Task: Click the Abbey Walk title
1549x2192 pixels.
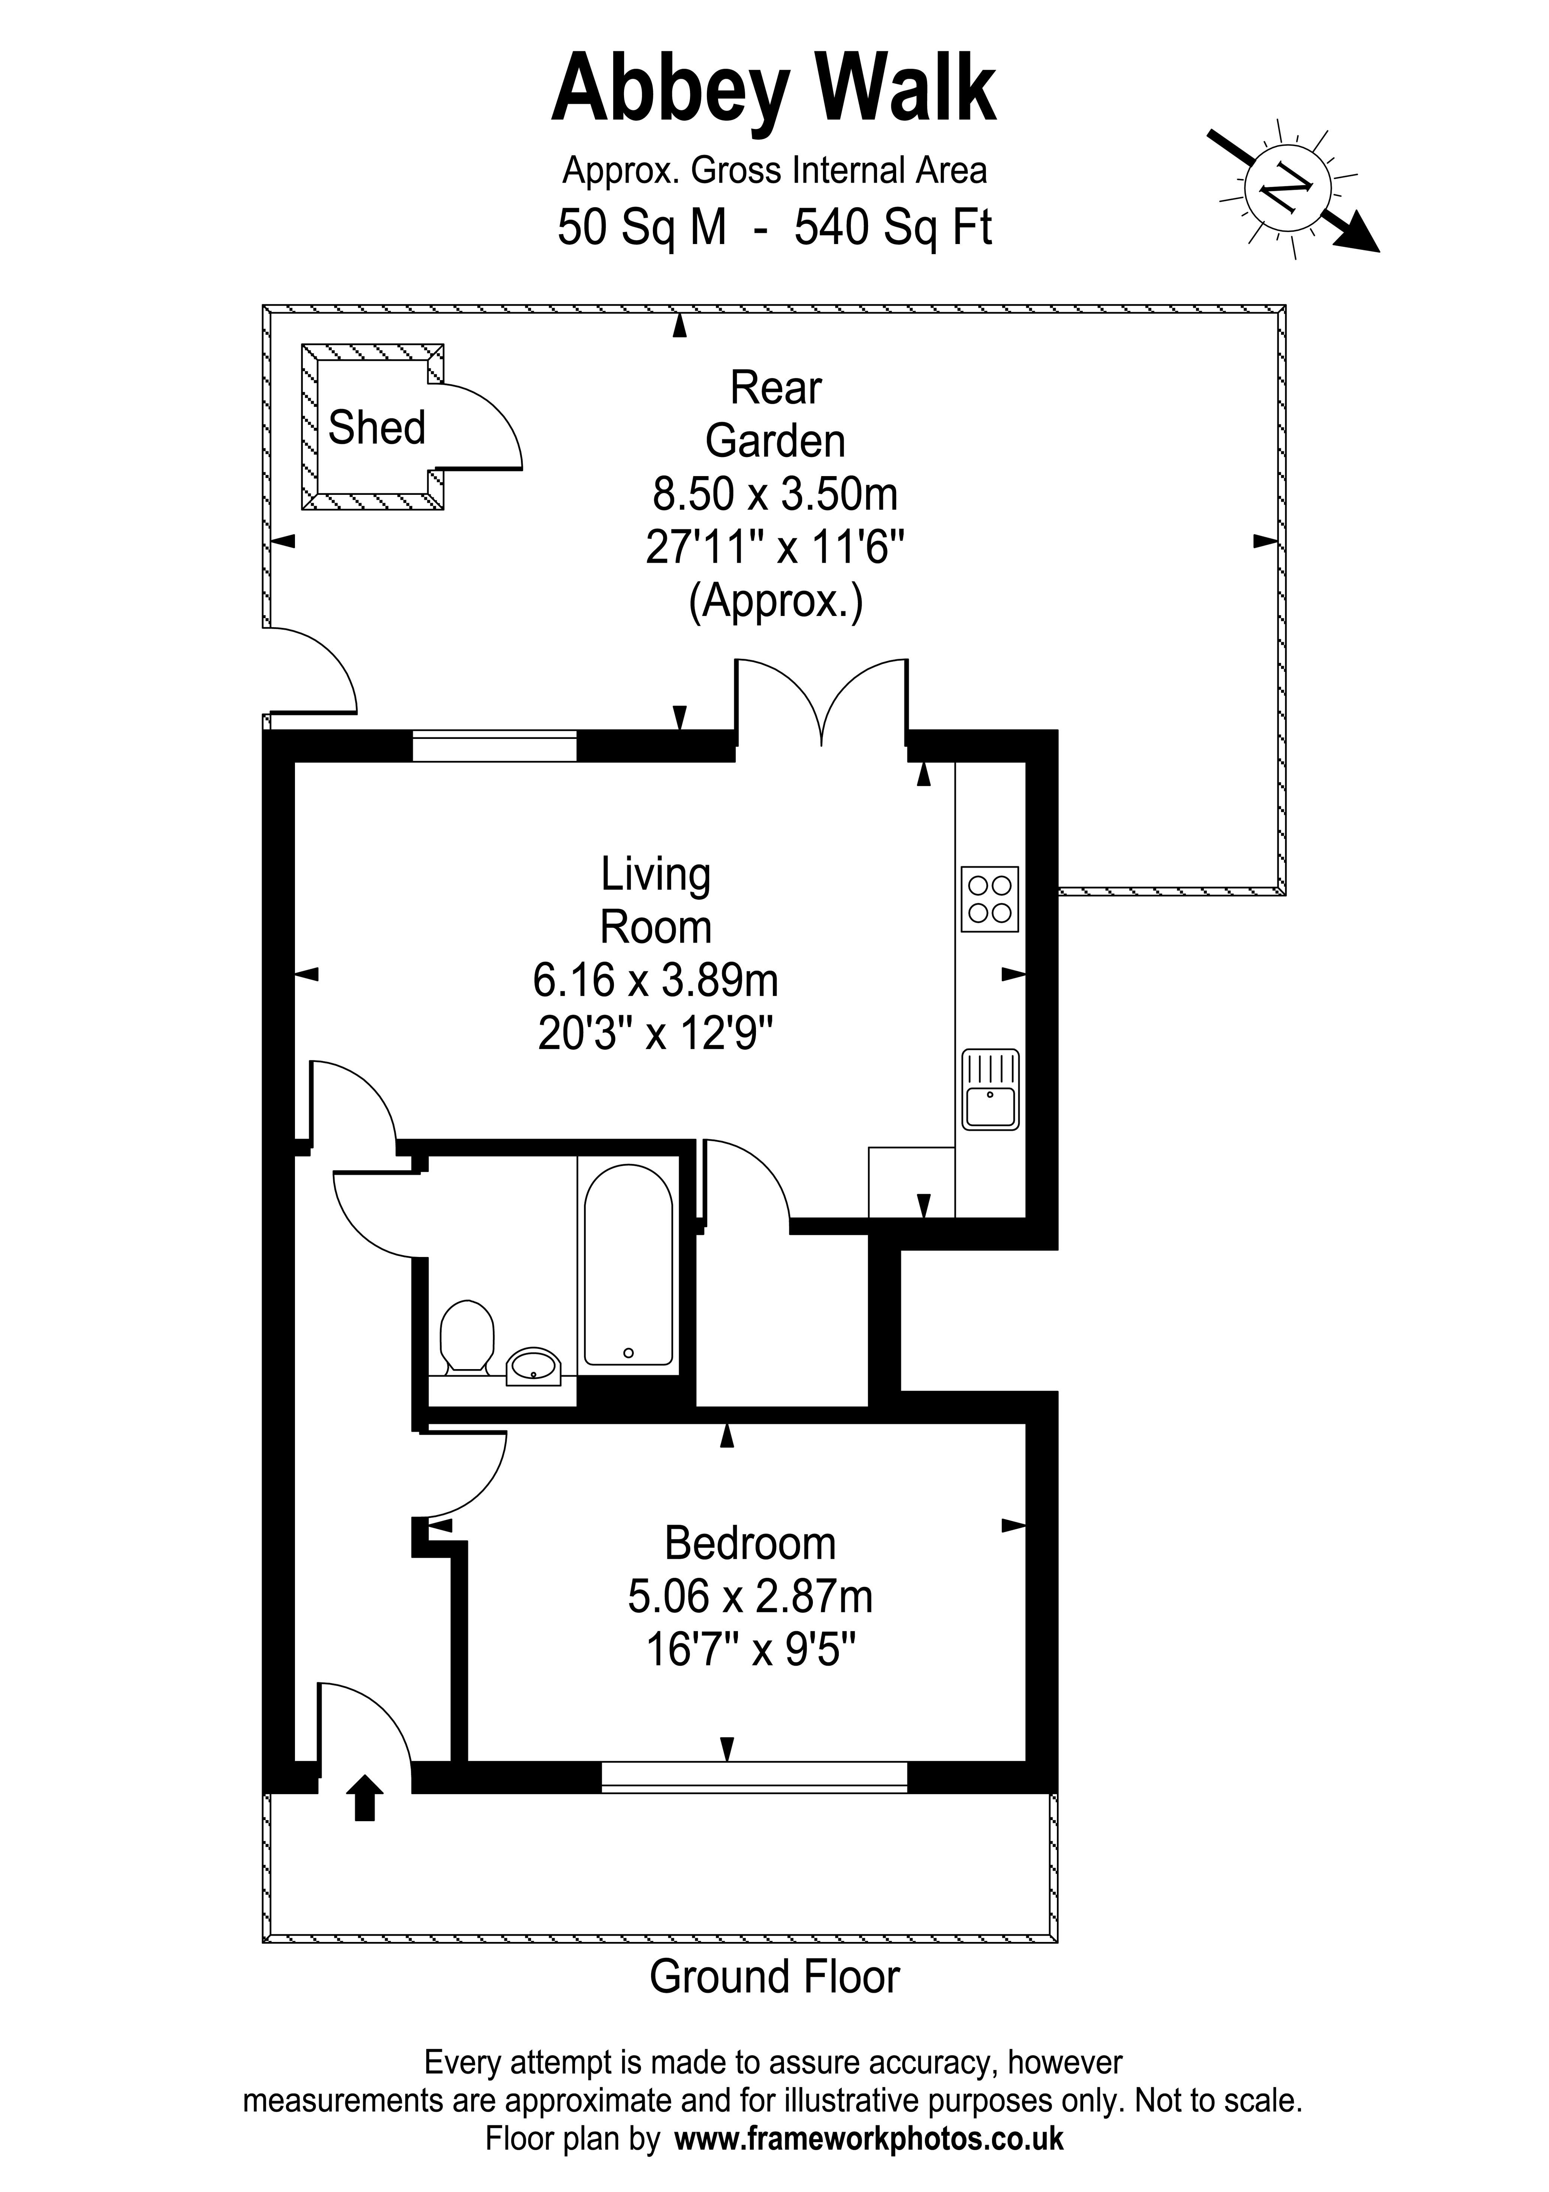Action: [774, 91]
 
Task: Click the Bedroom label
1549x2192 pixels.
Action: [750, 1544]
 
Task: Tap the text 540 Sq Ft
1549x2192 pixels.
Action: [893, 227]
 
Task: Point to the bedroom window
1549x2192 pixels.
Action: [754, 1776]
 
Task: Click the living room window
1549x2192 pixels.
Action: [494, 746]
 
